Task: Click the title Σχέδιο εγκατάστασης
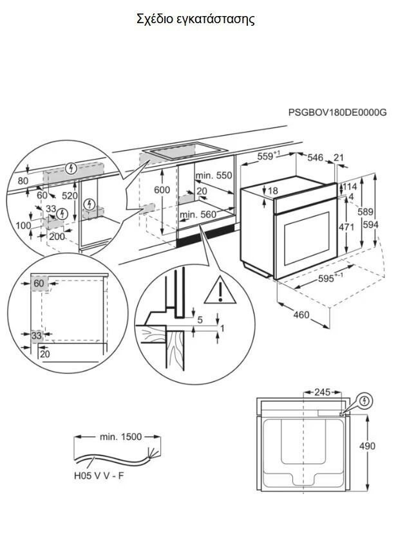[196, 19]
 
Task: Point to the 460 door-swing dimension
[301, 315]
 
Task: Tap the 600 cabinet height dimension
[163, 190]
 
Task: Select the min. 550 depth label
[213, 175]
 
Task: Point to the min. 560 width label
[198, 214]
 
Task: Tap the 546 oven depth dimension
[315, 158]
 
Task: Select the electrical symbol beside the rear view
[365, 401]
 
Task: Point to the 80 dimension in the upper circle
[23, 181]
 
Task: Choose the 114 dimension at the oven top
[350, 187]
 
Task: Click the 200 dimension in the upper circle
[57, 236]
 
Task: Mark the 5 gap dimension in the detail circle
[200, 320]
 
